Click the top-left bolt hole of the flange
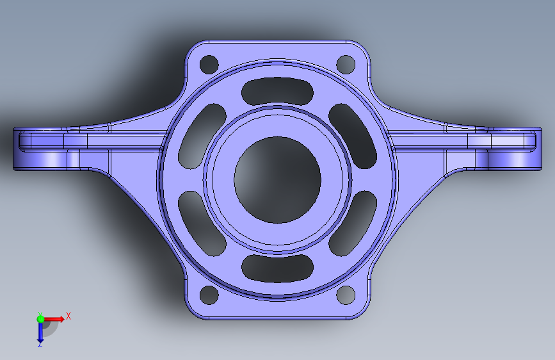[209, 65]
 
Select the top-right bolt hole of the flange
[346, 64]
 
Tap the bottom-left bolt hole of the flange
[209, 295]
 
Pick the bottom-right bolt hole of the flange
[346, 295]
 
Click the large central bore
[277, 180]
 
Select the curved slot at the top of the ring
[277, 92]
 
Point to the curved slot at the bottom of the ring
[277, 268]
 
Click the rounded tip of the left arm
[19, 149]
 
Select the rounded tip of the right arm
[535, 149]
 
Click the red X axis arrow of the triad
[56, 318]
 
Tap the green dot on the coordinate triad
[40, 318]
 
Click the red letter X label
[68, 316]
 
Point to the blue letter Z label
[40, 345]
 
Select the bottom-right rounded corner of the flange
[362, 310]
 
